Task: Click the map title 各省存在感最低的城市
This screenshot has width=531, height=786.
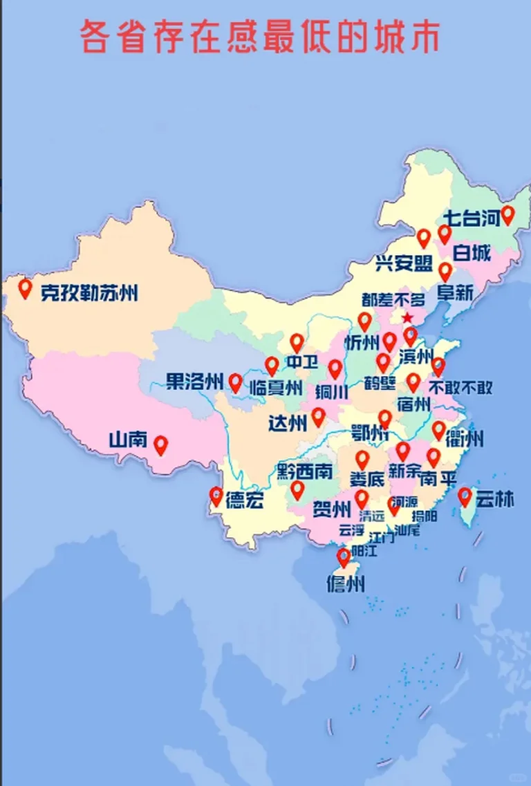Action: point(260,37)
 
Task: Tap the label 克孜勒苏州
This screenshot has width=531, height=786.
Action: point(88,292)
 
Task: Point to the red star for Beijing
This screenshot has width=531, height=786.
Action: point(408,317)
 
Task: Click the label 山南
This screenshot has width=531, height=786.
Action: point(128,439)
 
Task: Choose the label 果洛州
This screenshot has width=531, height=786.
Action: point(194,381)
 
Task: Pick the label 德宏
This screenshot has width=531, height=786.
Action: point(245,502)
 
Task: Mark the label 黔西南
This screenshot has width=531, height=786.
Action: point(304,472)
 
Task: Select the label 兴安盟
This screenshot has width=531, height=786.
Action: point(404,263)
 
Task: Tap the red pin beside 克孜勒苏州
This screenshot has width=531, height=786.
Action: point(26,288)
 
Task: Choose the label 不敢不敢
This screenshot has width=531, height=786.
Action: point(454,386)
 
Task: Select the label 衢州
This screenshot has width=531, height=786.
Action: point(465,438)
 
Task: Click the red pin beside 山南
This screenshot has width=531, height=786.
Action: point(161,445)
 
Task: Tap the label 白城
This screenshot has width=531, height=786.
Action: point(472,253)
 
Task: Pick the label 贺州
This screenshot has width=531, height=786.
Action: point(332,510)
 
